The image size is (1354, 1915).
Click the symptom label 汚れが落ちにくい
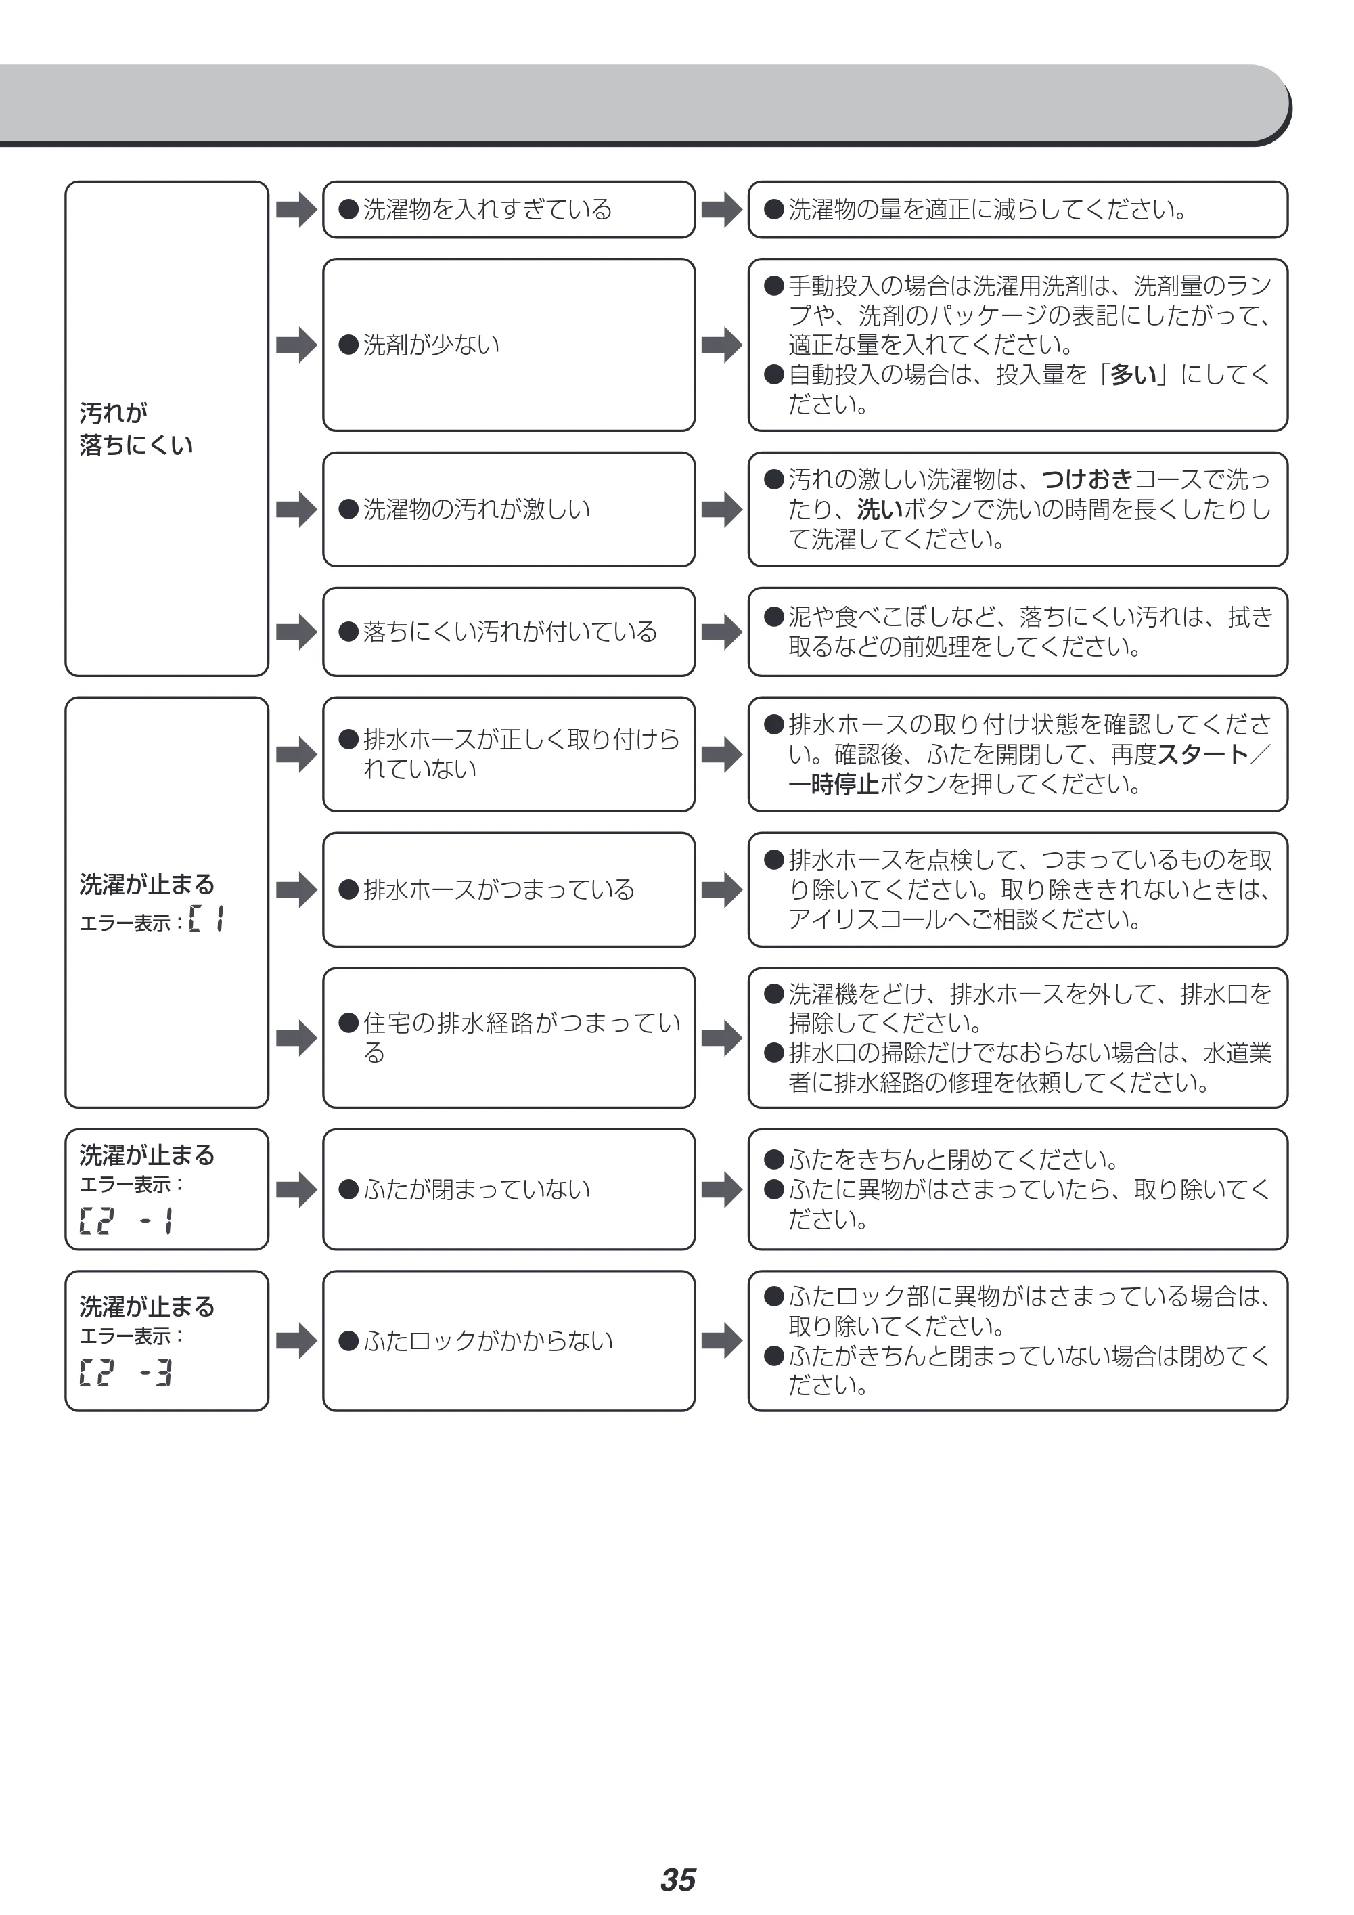pyautogui.click(x=136, y=428)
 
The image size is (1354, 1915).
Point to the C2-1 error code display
pyautogui.click(x=126, y=1222)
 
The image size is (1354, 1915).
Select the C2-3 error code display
pyautogui.click(x=126, y=1373)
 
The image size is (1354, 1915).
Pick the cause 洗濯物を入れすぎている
pyautogui.click(x=475, y=209)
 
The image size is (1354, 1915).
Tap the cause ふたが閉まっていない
pyautogui.click(x=464, y=1189)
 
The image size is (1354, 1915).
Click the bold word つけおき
pyautogui.click(x=1087, y=479)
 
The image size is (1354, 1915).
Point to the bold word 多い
pyautogui.click(x=1135, y=374)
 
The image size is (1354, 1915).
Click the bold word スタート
pyautogui.click(x=1203, y=754)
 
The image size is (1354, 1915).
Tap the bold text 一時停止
pyautogui.click(x=834, y=784)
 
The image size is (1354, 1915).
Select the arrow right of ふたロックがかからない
pyautogui.click(x=722, y=1340)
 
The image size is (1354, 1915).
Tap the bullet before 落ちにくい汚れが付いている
pyautogui.click(x=348, y=632)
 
